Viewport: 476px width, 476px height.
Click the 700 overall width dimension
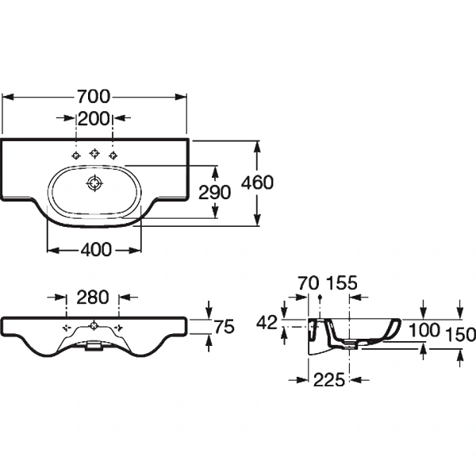(x=94, y=97)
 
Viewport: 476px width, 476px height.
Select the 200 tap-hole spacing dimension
(x=94, y=119)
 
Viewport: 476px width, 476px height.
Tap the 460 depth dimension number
(x=258, y=182)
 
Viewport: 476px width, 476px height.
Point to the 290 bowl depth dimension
(x=215, y=192)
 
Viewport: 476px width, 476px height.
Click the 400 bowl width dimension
(x=95, y=250)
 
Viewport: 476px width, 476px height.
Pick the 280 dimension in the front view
(x=93, y=298)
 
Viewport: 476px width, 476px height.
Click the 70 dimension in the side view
(x=307, y=283)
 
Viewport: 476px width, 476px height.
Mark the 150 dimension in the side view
(x=460, y=334)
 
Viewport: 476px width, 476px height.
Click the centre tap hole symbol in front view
(x=94, y=325)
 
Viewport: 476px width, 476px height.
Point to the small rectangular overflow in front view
(x=94, y=345)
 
